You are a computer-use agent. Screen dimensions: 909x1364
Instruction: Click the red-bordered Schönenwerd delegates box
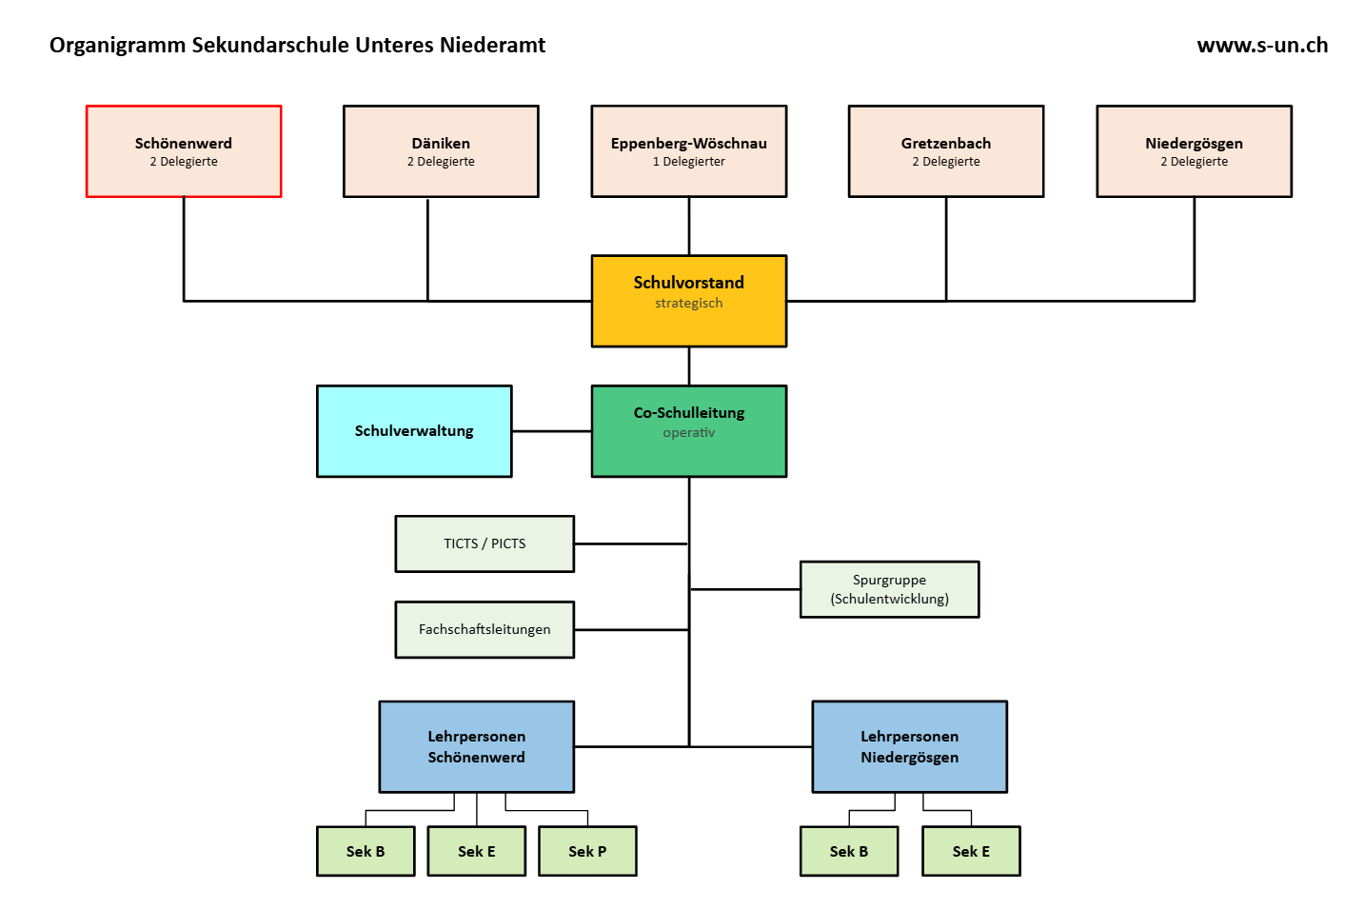click(184, 151)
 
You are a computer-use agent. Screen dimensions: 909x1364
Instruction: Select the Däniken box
click(441, 151)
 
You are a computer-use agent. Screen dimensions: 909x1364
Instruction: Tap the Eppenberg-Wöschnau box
click(688, 151)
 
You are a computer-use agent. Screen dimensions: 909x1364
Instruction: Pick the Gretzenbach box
click(945, 151)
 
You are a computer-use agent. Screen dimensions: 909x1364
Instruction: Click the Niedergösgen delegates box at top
click(1194, 151)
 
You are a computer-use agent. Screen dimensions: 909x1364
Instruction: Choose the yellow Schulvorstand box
click(688, 301)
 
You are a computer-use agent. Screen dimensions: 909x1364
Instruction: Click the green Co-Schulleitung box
click(688, 431)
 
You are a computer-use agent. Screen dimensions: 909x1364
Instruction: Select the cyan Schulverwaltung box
click(414, 431)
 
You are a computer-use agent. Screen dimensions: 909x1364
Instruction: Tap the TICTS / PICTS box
click(484, 543)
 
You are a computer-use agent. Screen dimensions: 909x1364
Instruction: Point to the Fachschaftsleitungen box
click(484, 629)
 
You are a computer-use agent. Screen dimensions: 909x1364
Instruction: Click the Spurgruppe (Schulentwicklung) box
click(889, 589)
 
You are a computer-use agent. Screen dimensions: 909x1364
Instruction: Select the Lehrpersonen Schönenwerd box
click(476, 747)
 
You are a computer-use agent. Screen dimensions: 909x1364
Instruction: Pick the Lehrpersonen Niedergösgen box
click(909, 747)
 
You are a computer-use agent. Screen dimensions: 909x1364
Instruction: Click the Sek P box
click(587, 851)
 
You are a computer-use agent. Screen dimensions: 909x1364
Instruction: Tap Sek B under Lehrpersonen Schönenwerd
click(366, 851)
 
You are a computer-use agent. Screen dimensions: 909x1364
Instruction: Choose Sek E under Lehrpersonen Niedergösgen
click(971, 851)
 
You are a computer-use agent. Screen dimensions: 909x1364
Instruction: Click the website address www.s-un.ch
click(1262, 46)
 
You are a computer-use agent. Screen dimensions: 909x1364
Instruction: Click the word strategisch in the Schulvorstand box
click(688, 304)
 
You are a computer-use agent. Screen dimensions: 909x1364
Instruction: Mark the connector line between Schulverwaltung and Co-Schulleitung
click(551, 431)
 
